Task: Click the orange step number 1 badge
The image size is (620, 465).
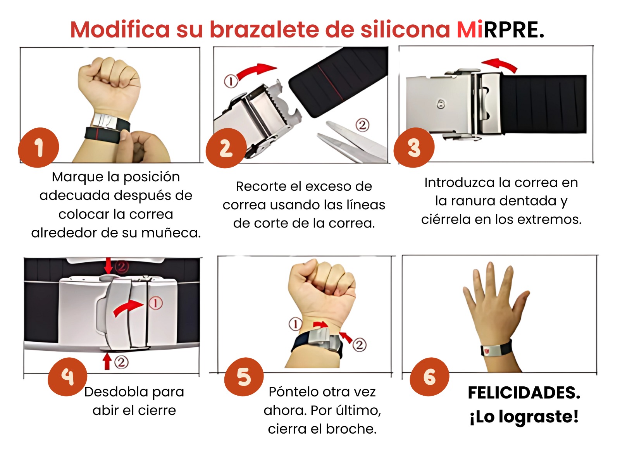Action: (x=38, y=147)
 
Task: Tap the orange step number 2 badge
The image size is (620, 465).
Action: (x=226, y=148)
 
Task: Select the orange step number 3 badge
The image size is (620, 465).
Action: (x=414, y=147)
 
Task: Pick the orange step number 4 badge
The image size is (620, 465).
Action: (x=67, y=377)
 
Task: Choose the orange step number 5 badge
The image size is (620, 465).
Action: (x=244, y=377)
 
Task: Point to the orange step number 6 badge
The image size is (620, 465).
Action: (x=429, y=377)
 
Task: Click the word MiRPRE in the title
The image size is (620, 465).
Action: (x=500, y=30)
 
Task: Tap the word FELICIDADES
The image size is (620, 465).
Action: (x=524, y=393)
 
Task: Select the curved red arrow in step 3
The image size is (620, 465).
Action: (x=499, y=65)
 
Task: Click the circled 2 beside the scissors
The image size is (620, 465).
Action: (x=362, y=125)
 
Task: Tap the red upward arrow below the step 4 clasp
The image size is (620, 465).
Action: (x=107, y=362)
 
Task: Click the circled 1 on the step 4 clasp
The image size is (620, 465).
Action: (x=156, y=303)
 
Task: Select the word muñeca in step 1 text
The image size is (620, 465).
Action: (x=171, y=233)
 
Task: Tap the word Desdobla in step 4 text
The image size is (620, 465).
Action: (x=116, y=392)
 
